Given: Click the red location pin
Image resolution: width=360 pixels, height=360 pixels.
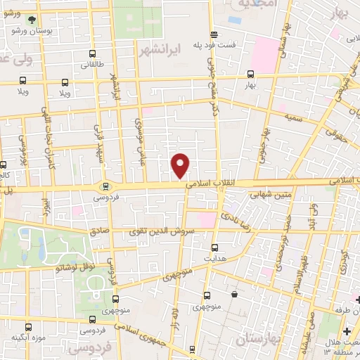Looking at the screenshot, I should click(x=181, y=165).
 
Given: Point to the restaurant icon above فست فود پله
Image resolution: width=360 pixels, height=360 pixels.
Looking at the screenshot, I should click(x=213, y=34).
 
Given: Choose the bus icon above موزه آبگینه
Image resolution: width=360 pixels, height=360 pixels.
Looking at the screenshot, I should click(x=29, y=326).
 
